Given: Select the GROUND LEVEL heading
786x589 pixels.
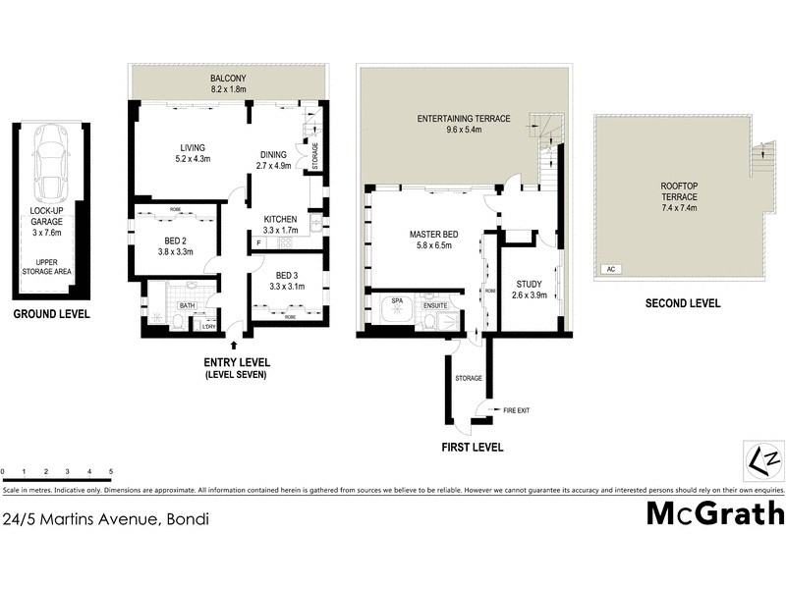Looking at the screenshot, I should pos(51,314).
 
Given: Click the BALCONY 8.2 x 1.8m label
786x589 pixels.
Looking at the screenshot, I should pos(227,82).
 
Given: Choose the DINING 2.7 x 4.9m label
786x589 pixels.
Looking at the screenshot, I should pos(274,160).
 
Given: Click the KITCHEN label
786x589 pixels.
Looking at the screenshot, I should pos(280,225).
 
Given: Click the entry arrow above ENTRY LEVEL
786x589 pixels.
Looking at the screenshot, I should pos(233,345).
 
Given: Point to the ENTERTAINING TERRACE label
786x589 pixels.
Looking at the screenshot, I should pos(463,123).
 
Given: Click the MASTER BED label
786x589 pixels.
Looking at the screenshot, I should pos(429,241).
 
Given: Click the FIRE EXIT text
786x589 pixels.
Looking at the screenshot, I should pos(516,409).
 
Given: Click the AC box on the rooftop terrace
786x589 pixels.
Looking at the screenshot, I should pos(610,268).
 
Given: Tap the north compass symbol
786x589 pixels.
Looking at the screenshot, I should pos(763,459).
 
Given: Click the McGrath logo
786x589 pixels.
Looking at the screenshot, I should pos(714,513).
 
